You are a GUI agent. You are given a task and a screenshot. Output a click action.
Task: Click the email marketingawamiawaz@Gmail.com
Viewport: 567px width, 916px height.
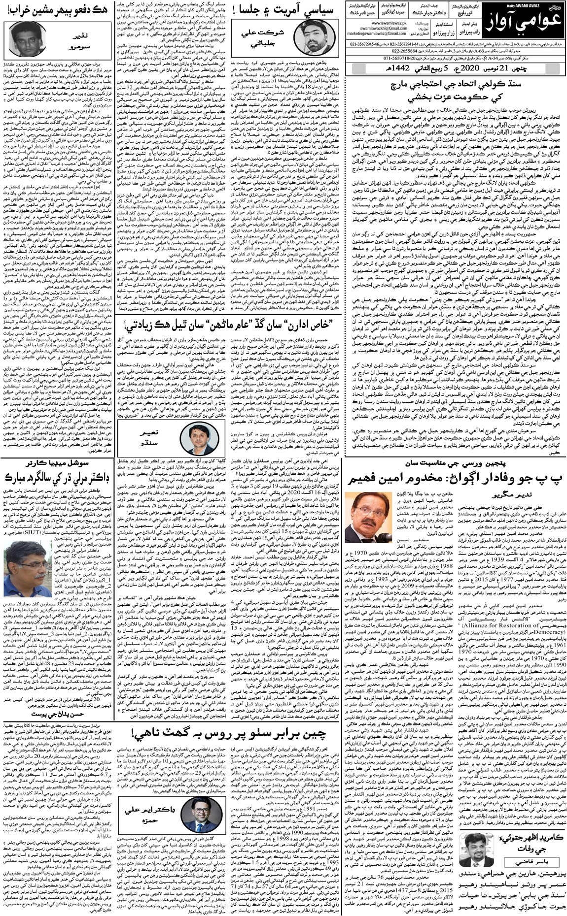[x=380, y=33]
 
